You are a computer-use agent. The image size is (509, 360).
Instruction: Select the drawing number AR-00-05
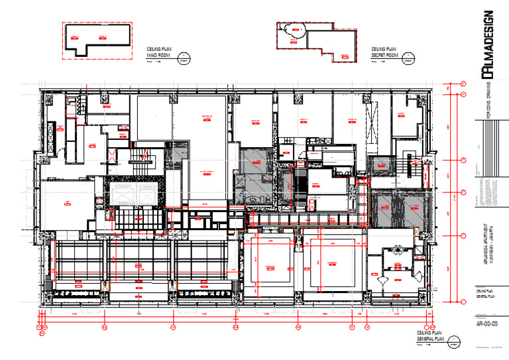pyautogui.click(x=487, y=324)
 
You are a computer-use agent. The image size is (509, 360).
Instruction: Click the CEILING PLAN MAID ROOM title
pyautogui.click(x=159, y=53)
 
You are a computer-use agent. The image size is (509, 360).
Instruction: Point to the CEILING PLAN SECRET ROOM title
pyautogui.click(x=384, y=53)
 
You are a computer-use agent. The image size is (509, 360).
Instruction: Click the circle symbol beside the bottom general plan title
pyautogui.click(x=454, y=343)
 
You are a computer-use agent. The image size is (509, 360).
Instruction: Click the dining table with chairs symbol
pyautogui.click(x=398, y=250)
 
